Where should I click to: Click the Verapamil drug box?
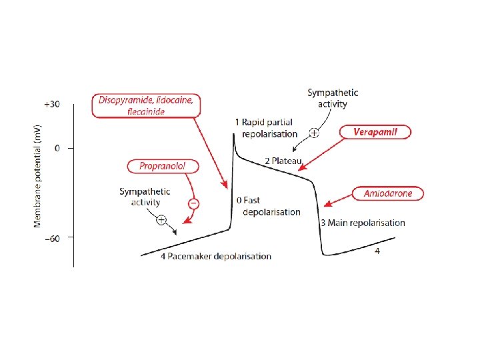pyautogui.click(x=375, y=132)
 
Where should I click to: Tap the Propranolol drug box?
pyautogui.click(x=161, y=166)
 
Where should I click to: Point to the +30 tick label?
pyautogui.click(x=51, y=104)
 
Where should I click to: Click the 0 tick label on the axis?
pyautogui.click(x=57, y=147)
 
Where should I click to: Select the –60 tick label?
pyautogui.click(x=51, y=237)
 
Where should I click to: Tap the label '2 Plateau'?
pyautogui.click(x=283, y=161)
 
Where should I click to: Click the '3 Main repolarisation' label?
pyautogui.click(x=362, y=223)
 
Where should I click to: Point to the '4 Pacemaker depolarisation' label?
pyautogui.click(x=215, y=256)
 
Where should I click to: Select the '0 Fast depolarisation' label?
pyautogui.click(x=268, y=205)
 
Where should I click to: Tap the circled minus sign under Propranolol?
pyautogui.click(x=193, y=203)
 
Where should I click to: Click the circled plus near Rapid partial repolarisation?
pyautogui.click(x=314, y=133)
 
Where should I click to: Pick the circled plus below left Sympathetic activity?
pyautogui.click(x=161, y=220)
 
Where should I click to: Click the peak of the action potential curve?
pyautogui.click(x=233, y=134)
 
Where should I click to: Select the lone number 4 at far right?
pyautogui.click(x=377, y=251)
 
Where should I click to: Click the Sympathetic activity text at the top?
pyautogui.click(x=333, y=98)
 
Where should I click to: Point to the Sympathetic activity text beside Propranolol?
pyautogui.click(x=145, y=197)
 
